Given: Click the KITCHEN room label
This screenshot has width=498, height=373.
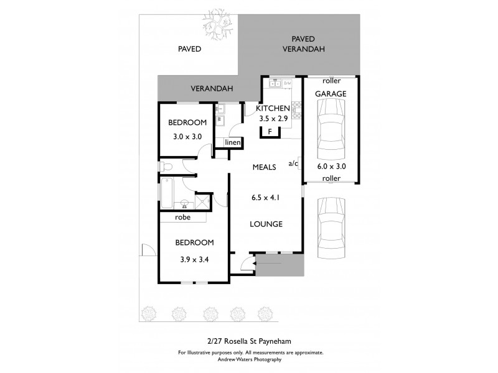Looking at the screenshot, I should coord(273,108).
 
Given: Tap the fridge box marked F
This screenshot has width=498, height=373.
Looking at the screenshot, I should coord(270,131).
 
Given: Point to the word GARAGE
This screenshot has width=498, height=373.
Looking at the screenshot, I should coord(330,93).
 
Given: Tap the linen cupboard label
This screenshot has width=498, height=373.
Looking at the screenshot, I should coord(232,143).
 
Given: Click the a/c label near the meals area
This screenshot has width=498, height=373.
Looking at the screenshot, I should coord(293,164).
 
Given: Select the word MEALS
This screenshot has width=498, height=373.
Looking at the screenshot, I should coord(264,167).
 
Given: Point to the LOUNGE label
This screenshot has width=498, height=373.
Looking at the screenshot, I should coord(266,224).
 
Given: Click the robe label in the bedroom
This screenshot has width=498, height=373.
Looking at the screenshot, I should coord(182,218).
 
